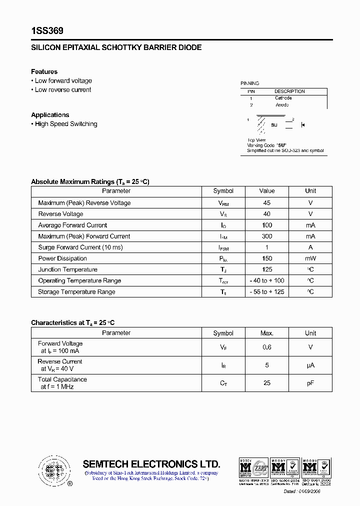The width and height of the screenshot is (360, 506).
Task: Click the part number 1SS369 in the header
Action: coord(47,31)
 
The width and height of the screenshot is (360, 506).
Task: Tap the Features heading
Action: coord(44,71)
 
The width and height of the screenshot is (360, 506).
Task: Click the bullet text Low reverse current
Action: coord(63,90)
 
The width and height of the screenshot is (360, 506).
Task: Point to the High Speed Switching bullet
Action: coord(66,124)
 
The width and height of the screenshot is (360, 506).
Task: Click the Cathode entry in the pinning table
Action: coord(283,98)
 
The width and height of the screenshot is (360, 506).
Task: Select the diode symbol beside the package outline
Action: coord(302,124)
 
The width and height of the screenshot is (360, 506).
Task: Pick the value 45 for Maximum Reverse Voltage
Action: coord(266,203)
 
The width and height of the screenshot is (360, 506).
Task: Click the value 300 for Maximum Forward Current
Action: coord(266,236)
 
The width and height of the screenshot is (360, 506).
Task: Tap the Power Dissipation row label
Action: coord(62,258)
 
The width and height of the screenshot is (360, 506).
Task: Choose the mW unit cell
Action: coord(310,258)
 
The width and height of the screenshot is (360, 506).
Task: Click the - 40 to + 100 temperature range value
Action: coord(266,281)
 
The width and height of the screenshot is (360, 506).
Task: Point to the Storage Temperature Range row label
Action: coord(76,292)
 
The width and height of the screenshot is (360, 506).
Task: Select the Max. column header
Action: coord(266,333)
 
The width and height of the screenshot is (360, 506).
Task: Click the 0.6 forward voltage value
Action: coord(266,347)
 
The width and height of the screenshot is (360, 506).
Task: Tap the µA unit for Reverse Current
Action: coord(310,365)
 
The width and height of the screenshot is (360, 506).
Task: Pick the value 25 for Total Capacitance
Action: coord(266,383)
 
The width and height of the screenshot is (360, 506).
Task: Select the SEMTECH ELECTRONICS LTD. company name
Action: coord(151,463)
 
